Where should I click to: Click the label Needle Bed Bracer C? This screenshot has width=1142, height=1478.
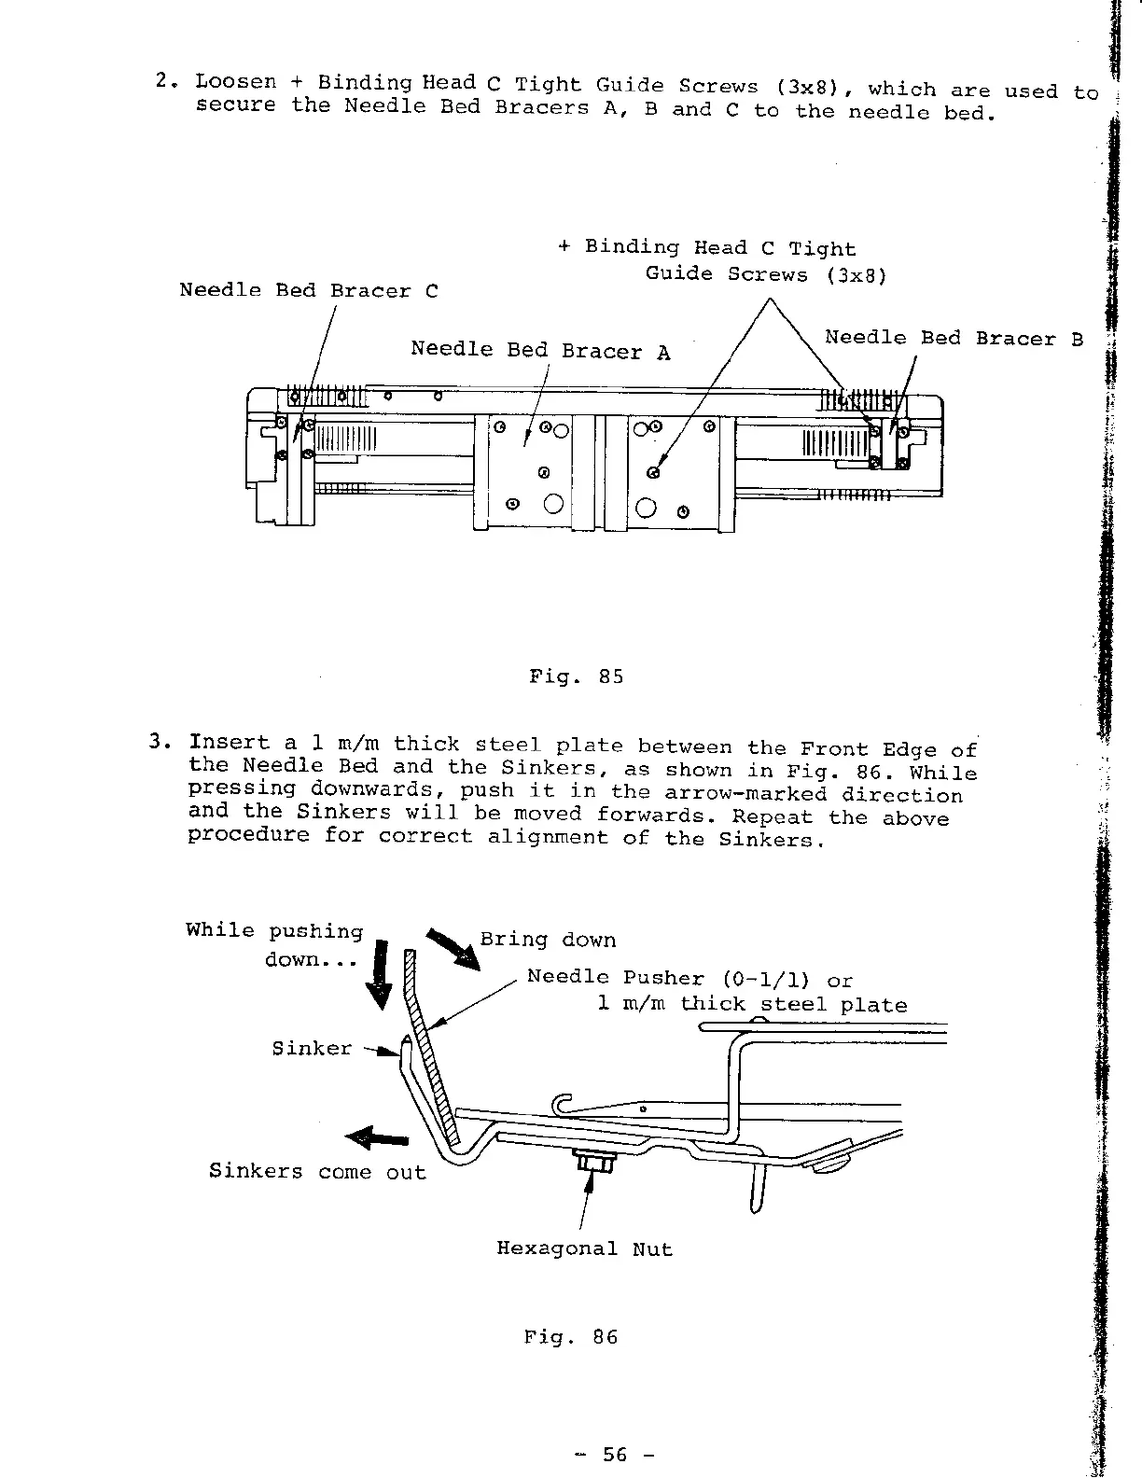pos(308,291)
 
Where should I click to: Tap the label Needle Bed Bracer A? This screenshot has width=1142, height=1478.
pos(540,350)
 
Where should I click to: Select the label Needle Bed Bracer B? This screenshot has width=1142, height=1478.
pos(954,338)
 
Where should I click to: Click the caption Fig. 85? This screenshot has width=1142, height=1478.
pos(576,676)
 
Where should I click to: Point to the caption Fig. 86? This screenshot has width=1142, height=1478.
pos(571,1337)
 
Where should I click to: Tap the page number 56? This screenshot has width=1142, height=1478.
pos(615,1454)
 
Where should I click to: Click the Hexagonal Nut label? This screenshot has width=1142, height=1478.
pos(584,1248)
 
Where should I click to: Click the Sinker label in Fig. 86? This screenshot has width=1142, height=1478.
pos(312,1048)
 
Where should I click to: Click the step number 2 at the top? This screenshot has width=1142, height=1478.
pos(162,80)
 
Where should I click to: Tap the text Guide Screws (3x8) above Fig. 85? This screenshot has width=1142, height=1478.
pos(765,274)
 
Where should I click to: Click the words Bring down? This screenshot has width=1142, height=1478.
pos(548,940)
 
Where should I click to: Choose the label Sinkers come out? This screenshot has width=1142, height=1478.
pos(317,1172)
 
